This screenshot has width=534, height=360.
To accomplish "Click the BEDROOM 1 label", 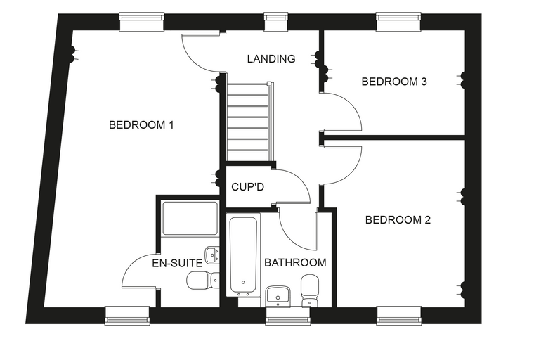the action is point(141,124).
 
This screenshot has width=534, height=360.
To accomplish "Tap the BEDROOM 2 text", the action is point(398,220).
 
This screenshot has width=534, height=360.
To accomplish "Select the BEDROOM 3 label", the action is point(394,82).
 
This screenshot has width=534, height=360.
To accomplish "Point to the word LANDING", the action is point(271,59).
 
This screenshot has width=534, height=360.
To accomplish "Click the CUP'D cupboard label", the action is point(247,187).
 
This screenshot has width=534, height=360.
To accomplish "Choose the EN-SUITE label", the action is point(177,263).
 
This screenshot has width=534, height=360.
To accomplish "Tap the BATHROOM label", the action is point(295,262).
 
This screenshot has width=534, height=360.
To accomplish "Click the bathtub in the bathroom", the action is point(243,255).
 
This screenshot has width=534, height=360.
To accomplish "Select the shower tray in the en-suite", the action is point(190,218).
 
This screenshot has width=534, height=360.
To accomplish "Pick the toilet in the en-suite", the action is point(203,281).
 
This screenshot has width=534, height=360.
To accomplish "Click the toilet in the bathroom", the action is point(310,290).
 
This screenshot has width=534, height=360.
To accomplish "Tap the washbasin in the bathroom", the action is point(278,296).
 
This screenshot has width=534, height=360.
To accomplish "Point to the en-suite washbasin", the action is point(212,255).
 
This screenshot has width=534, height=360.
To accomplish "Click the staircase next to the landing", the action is point(249,122).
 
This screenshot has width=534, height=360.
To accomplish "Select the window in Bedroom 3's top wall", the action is point(398,22).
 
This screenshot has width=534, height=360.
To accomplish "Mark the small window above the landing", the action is point(276,22).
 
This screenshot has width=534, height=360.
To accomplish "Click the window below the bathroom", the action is point(288,315).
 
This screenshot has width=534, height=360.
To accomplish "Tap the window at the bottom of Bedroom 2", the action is point(399,315).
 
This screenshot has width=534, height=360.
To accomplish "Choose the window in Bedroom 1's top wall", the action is point(142,22).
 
